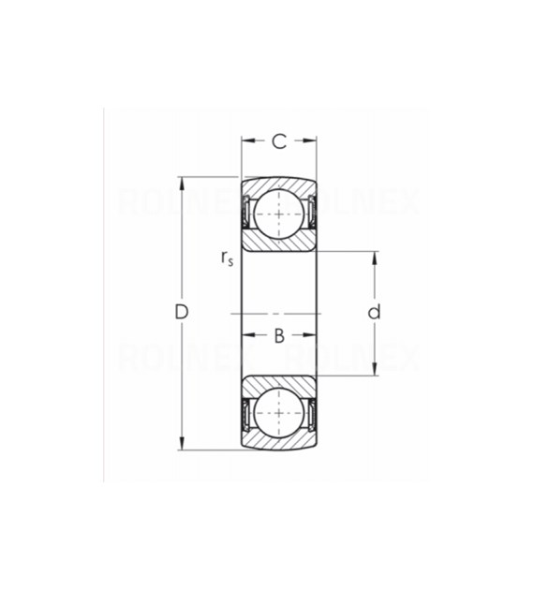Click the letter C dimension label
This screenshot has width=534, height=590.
click(x=278, y=141)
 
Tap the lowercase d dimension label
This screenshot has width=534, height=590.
click(x=374, y=312)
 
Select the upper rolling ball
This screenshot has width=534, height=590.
click(x=278, y=214)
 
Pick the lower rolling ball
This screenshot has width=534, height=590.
click(x=278, y=410)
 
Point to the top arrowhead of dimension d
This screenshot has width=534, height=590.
click(x=374, y=256)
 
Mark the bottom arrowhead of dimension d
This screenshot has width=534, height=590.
click(x=374, y=370)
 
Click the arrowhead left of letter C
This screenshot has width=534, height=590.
click(x=247, y=141)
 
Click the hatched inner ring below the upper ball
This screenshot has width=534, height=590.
click(x=278, y=243)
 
